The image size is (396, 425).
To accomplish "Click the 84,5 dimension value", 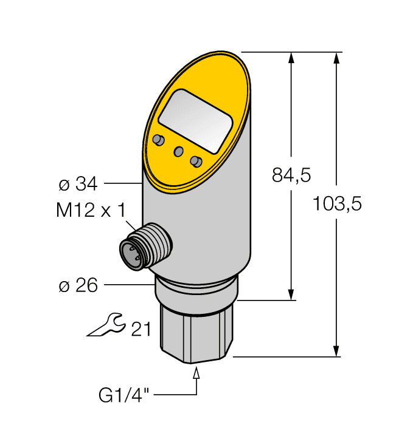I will (x=291, y=176).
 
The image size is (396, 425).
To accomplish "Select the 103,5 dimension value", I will (x=336, y=205).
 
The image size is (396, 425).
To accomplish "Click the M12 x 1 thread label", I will (x=90, y=211).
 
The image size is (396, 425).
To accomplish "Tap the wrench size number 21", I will (x=141, y=328).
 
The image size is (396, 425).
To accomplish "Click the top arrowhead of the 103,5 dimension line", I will (x=336, y=58).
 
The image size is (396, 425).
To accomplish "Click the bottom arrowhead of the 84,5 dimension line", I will (x=293, y=294).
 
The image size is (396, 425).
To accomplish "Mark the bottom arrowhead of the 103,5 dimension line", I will (x=336, y=352).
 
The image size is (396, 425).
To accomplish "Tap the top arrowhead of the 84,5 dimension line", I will (x=293, y=58).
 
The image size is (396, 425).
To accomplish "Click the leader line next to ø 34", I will (x=124, y=183).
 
